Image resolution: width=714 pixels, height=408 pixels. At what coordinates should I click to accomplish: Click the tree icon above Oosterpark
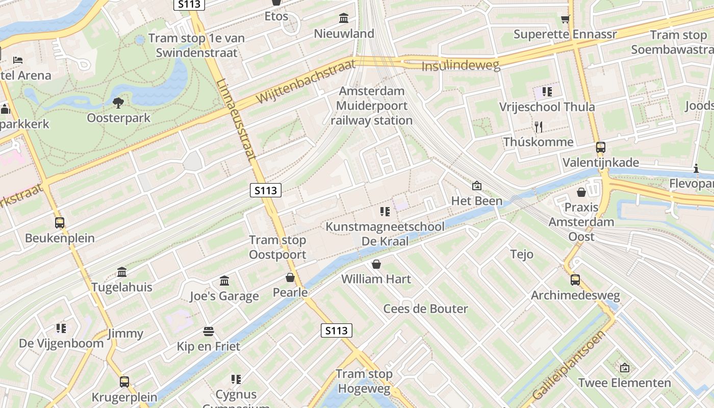(118, 103)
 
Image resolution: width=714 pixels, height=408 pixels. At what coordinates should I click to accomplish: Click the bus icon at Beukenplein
(60, 223)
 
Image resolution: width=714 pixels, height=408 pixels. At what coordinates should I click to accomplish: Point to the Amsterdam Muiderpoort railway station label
(372, 106)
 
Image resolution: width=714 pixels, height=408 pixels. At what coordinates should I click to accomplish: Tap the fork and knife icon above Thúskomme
(538, 126)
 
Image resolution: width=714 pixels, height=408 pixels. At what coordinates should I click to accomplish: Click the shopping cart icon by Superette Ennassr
(565, 19)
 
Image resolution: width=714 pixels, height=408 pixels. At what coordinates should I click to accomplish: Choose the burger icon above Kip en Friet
(208, 331)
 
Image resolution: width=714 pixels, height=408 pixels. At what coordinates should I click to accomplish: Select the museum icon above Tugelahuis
(122, 272)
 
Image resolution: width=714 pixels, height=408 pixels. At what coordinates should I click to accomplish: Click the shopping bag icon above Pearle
(290, 277)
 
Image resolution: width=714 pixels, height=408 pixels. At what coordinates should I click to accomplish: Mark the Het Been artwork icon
(477, 186)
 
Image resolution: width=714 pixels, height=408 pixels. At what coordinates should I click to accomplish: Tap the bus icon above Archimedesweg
(575, 280)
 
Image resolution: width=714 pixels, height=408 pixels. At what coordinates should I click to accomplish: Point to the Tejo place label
(522, 254)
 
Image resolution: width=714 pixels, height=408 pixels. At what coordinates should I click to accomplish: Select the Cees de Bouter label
(425, 309)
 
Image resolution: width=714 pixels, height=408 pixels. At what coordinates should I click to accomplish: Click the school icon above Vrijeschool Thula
(547, 92)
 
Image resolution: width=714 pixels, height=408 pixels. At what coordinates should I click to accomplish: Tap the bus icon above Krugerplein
(124, 382)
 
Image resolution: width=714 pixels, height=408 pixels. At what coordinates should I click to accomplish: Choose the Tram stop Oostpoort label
(277, 247)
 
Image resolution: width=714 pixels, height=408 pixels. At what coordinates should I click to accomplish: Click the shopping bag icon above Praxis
(581, 192)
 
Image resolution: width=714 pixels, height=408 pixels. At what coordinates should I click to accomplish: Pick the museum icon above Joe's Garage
(224, 281)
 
